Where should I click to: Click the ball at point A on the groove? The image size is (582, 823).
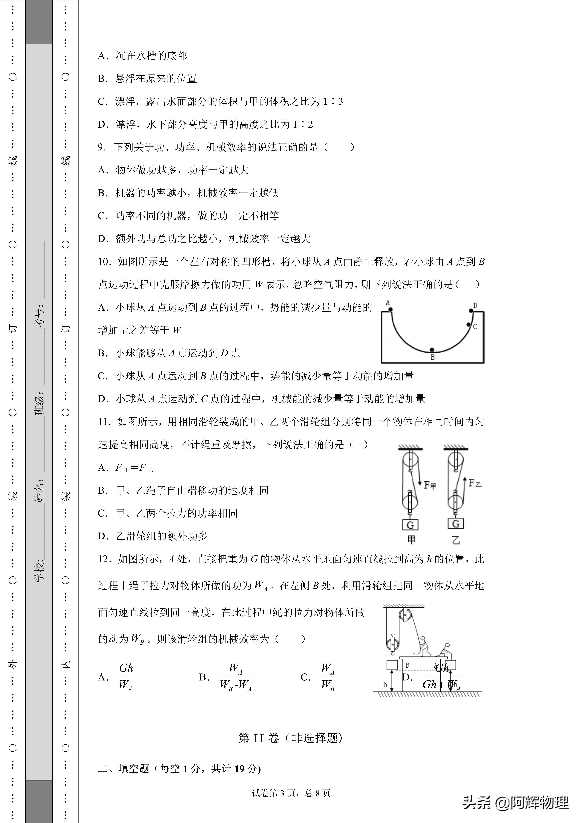(x=390, y=309)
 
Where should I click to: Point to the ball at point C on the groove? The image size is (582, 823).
(x=469, y=324)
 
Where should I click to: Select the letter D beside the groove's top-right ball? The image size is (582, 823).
(x=475, y=305)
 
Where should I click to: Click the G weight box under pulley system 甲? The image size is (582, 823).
(x=410, y=525)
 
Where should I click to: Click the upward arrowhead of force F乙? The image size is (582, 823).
(x=464, y=479)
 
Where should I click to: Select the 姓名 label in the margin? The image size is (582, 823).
(x=39, y=490)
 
